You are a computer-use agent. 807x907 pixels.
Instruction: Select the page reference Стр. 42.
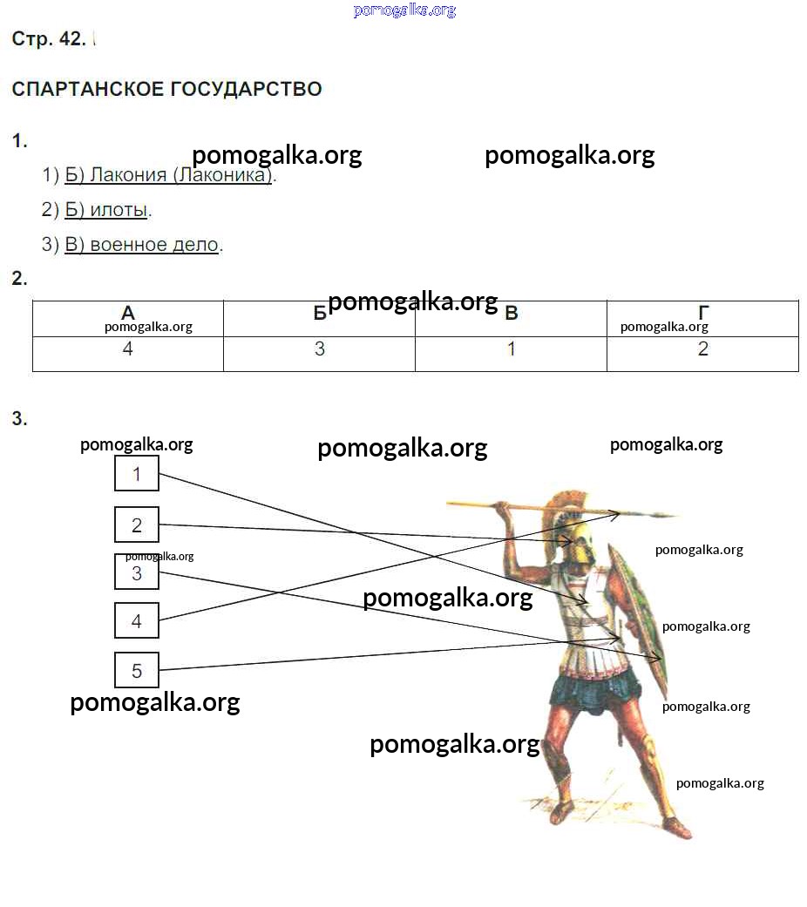click(49, 39)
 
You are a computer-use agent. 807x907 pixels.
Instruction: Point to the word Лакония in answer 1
click(128, 175)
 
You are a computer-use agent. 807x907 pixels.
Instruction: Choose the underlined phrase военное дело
click(153, 245)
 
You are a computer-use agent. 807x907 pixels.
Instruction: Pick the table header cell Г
click(702, 312)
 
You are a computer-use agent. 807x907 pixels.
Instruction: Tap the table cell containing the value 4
click(128, 350)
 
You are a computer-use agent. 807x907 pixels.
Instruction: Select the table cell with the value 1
click(512, 350)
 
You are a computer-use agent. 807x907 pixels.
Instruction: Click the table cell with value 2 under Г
click(702, 350)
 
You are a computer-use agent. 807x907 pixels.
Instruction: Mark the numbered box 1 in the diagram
click(137, 474)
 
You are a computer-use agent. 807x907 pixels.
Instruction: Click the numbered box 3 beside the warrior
click(137, 573)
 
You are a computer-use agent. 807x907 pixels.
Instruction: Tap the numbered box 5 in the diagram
click(137, 671)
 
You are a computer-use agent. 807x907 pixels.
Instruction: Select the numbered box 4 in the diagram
click(137, 621)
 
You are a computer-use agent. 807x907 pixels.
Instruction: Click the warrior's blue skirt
click(593, 693)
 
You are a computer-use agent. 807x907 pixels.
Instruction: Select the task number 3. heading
click(19, 419)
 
